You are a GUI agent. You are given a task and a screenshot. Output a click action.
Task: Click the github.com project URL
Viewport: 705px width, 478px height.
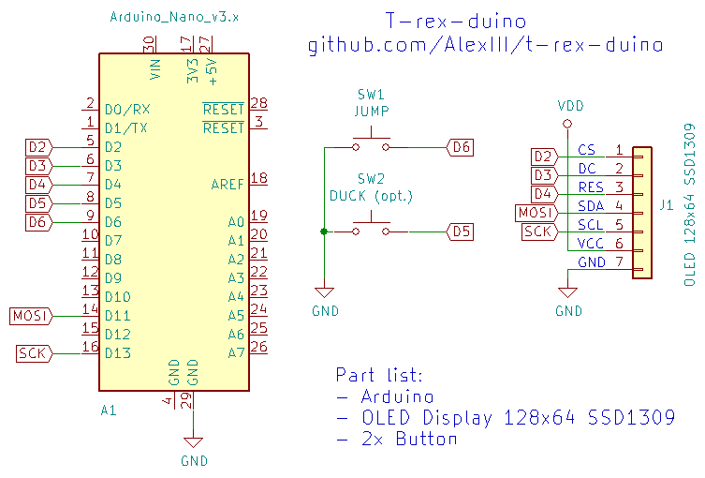pos(486,45)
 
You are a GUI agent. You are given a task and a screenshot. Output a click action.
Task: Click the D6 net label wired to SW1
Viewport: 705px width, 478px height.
pos(461,147)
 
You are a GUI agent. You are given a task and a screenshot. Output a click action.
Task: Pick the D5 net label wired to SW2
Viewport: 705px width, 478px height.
pos(461,231)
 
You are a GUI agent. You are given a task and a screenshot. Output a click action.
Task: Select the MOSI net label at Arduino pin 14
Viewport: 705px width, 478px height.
pos(30,316)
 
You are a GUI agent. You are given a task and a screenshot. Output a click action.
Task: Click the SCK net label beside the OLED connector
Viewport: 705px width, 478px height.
pos(538,232)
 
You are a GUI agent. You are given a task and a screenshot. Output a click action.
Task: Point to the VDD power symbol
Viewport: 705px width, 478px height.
pos(568,106)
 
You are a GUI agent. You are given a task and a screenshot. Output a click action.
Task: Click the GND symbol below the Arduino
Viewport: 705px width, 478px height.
pos(194,444)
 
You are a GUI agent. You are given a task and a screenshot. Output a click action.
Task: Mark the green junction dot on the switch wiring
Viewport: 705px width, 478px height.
pos(323,231)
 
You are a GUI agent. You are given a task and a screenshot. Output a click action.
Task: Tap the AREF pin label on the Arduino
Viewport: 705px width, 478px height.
pos(227,185)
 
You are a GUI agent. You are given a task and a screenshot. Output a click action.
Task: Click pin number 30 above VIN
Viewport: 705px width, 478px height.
pos(149,44)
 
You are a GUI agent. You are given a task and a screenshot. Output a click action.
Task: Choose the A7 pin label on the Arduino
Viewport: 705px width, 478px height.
pos(235,353)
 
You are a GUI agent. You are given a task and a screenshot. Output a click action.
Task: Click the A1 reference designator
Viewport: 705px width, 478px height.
pos(109,411)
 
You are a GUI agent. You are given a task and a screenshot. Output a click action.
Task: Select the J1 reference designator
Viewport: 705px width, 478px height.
pos(666,203)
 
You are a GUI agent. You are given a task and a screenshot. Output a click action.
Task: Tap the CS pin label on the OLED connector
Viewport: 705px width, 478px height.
pos(587,150)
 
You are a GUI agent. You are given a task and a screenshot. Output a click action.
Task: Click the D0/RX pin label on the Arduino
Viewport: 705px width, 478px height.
pos(125,110)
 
